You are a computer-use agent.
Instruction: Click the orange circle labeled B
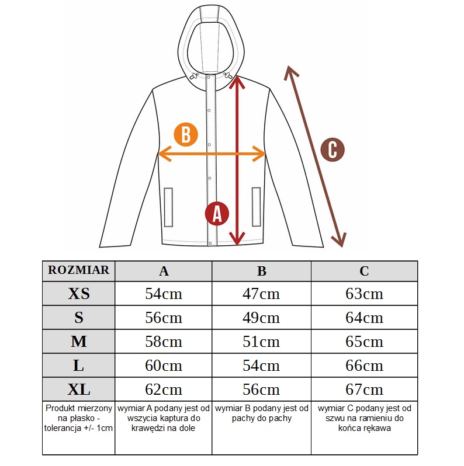pyautogui.click(x=186, y=135)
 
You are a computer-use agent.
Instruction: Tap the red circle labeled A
pyautogui.click(x=217, y=214)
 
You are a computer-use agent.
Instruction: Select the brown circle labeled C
pyautogui.click(x=333, y=149)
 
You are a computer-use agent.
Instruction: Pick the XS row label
pyautogui.click(x=78, y=293)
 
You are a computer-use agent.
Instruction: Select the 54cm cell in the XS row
pyautogui.click(x=163, y=294)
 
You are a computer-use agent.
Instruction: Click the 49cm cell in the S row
pyautogui.click(x=261, y=318)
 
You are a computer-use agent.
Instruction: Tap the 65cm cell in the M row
pyautogui.click(x=364, y=342)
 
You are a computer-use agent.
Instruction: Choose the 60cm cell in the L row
pyautogui.click(x=163, y=365)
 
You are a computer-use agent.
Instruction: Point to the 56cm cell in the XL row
pyautogui.click(x=261, y=390)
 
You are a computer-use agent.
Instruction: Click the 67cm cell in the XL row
pyautogui.click(x=364, y=390)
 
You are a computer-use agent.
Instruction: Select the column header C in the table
pyautogui.click(x=364, y=271)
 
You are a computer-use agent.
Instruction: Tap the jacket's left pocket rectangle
pyautogui.click(x=169, y=207)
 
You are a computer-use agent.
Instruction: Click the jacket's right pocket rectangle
pyautogui.click(x=256, y=207)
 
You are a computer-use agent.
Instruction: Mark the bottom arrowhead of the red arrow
pyautogui.click(x=237, y=239)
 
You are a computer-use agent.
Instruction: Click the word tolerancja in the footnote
pyautogui.click(x=60, y=428)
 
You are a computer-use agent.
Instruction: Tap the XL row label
pyautogui.click(x=78, y=390)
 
